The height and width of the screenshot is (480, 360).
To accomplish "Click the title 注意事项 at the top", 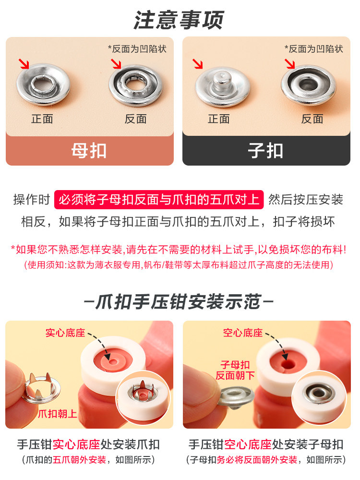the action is coord(179,20).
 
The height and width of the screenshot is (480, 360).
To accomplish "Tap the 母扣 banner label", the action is coord(89,151).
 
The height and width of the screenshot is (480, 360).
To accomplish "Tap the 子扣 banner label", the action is coord(266,151).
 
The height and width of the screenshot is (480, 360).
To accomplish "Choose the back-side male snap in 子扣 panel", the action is coord(309,85).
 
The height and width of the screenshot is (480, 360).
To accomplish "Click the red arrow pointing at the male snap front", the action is coord(198,64).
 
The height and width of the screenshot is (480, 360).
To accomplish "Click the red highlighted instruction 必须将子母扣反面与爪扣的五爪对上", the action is coord(159,200).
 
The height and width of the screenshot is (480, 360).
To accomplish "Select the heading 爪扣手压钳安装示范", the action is coord(179,302).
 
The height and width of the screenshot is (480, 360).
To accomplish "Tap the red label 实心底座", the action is coord(65,333).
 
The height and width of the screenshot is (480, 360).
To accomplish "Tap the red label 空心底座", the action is coord(243,333).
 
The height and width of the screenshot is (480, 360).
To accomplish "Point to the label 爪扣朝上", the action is coord(58,414).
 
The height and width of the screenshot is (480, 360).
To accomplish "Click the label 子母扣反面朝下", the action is coord(235,370).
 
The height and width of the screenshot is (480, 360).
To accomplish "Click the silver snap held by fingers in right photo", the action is coord(236,397).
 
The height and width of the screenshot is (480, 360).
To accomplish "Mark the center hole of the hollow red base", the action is coord(288,364).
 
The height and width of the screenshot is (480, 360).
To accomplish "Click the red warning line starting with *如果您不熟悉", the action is coord(179,250).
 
